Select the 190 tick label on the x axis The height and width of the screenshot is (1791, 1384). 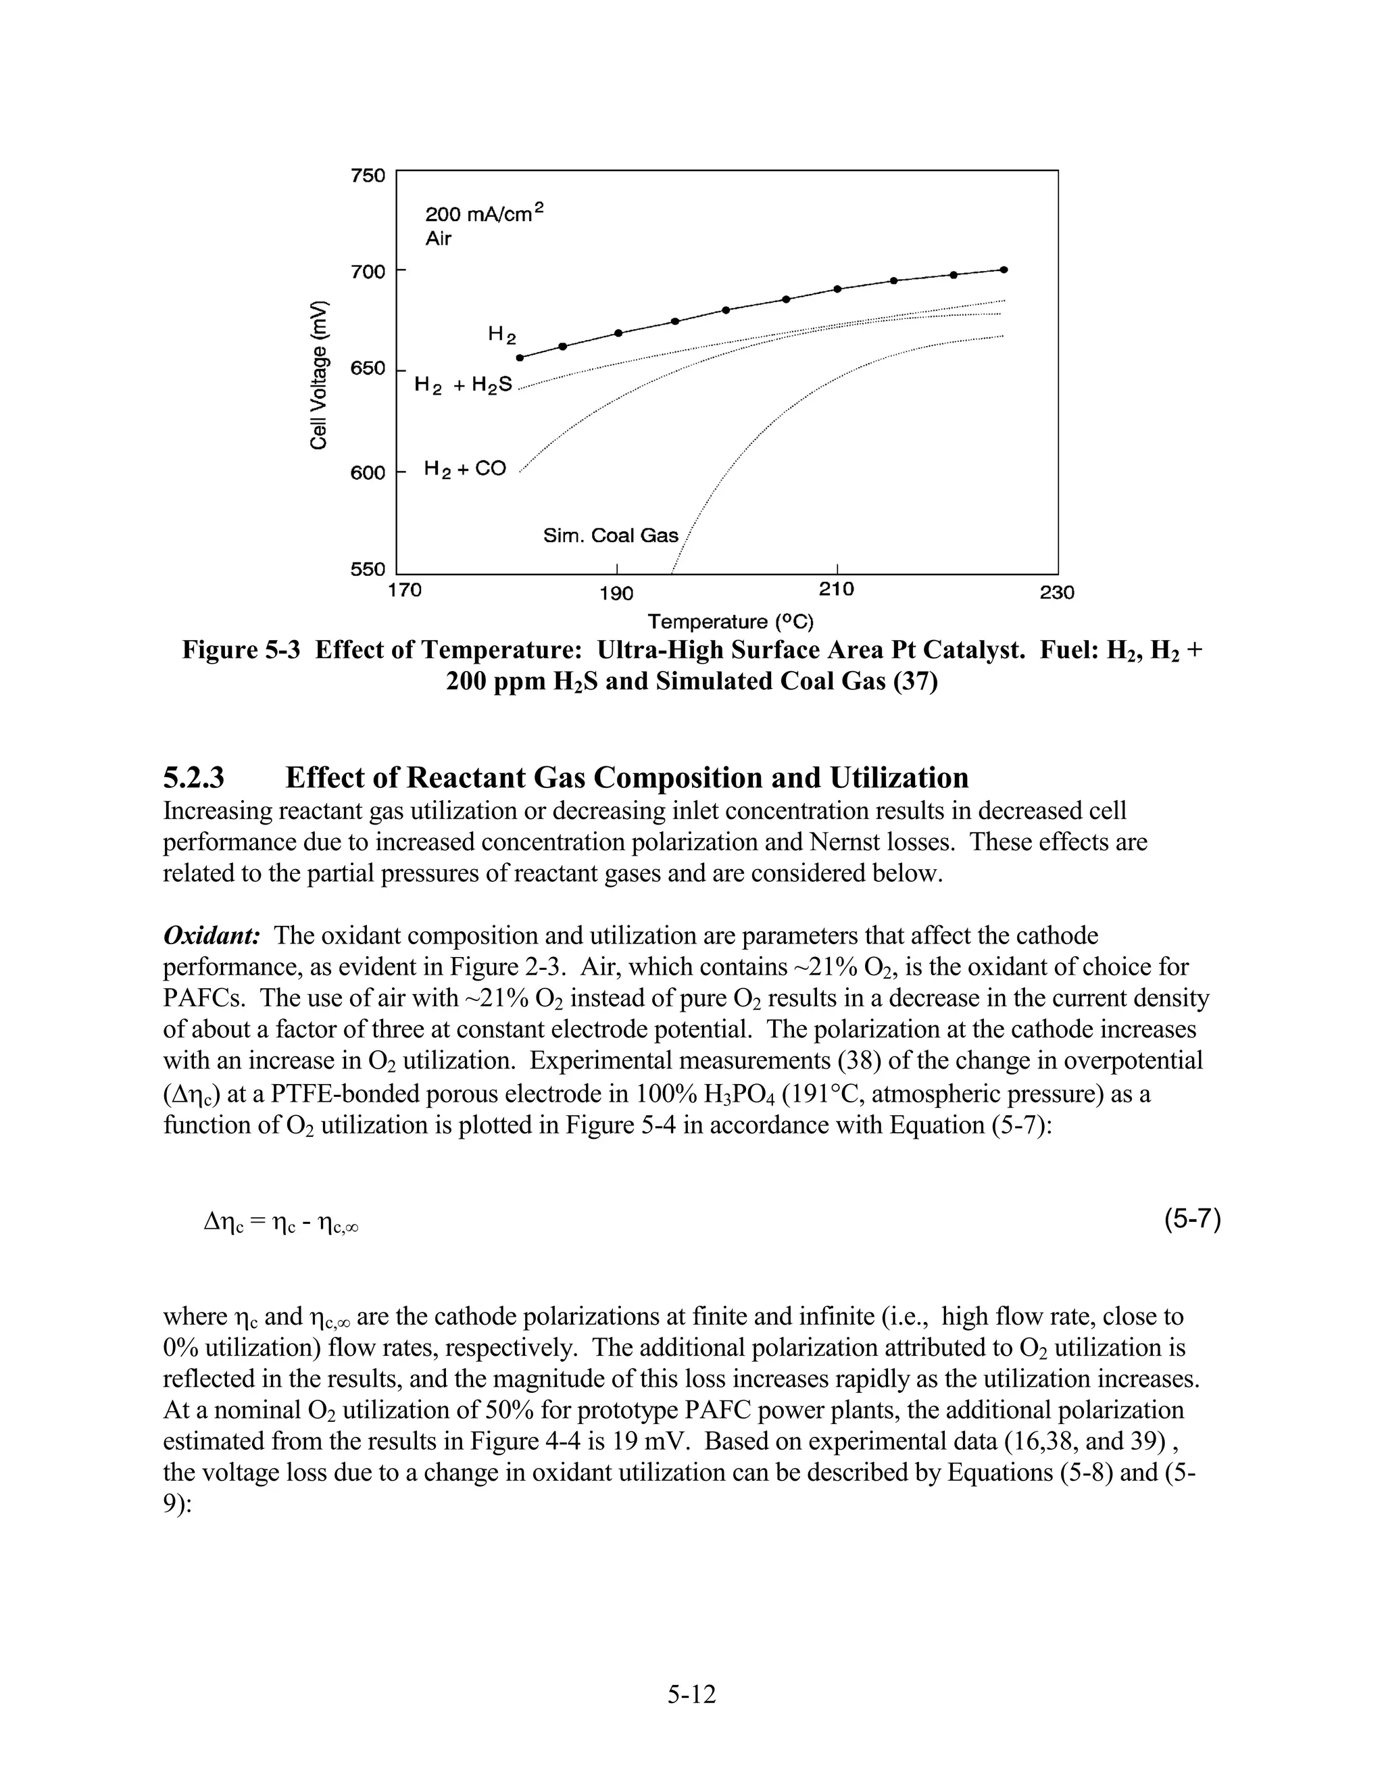(616, 593)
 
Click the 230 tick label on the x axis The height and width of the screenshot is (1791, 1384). (1057, 592)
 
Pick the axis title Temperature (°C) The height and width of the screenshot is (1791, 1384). (731, 621)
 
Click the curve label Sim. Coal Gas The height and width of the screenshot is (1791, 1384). (611, 535)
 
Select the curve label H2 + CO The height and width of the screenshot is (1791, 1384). (465, 469)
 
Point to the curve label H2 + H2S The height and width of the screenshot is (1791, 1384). (463, 384)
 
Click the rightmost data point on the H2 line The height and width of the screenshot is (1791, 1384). (1004, 269)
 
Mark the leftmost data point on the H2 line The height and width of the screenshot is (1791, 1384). (519, 358)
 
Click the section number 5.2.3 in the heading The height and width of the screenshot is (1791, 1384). (195, 777)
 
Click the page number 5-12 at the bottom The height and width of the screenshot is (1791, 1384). (691, 1694)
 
